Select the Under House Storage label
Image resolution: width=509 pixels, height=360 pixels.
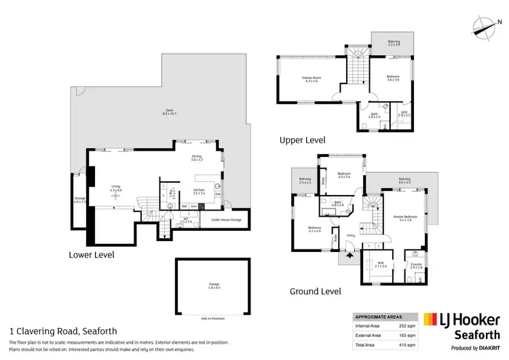[x=225, y=220]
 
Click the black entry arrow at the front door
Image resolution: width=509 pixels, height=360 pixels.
[x=350, y=257]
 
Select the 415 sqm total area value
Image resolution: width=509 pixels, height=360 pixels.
[x=406, y=345]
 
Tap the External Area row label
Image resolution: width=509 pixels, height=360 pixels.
[x=371, y=336]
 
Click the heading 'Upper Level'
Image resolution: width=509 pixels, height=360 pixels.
[x=303, y=140]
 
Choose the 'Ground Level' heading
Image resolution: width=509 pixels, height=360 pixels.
[x=315, y=291]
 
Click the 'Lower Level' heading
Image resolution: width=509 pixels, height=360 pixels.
[x=91, y=255]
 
